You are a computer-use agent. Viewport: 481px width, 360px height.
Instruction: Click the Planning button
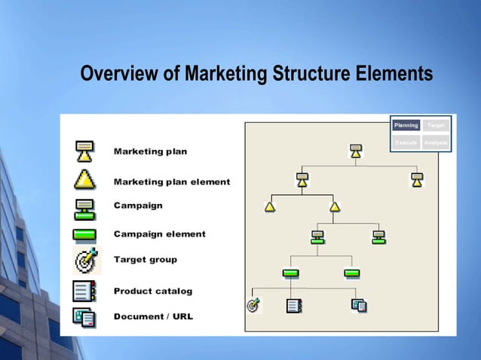click(x=406, y=125)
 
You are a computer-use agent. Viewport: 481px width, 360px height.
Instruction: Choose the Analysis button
click(x=436, y=142)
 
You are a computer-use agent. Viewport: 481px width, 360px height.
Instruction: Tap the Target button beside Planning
click(x=436, y=125)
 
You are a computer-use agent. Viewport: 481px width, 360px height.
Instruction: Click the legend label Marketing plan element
click(x=172, y=182)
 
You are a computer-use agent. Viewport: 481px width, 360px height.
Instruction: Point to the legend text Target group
click(x=146, y=260)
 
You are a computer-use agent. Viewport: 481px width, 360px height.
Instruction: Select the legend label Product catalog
click(x=153, y=291)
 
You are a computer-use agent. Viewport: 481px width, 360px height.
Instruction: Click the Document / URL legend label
click(x=153, y=316)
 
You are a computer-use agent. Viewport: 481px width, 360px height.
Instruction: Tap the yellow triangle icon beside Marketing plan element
click(x=84, y=179)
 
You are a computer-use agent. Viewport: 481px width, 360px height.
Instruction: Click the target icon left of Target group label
click(x=85, y=261)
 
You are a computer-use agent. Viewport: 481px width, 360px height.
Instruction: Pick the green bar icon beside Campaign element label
click(x=84, y=234)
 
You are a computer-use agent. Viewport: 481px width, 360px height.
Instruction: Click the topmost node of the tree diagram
click(x=356, y=151)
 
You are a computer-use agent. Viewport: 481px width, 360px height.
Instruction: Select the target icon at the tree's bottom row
click(x=253, y=305)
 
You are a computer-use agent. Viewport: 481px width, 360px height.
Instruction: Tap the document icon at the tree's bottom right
click(x=359, y=305)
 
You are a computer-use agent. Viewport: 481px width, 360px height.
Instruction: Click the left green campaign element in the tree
click(x=290, y=273)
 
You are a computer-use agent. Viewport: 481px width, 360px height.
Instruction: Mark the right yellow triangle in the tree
click(x=335, y=206)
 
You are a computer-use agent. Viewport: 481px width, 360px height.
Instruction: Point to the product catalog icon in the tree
click(x=294, y=306)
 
